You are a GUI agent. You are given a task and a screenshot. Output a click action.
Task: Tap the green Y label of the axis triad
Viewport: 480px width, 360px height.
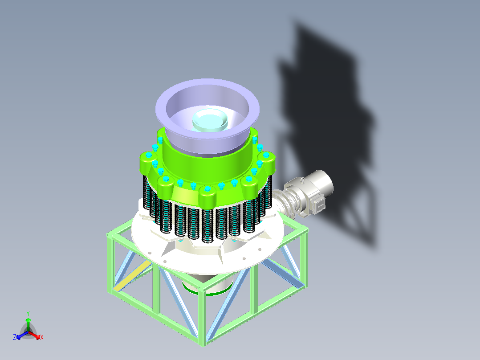point(28,313)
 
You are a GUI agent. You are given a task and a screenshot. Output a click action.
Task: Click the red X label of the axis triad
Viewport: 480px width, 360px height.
point(42,338)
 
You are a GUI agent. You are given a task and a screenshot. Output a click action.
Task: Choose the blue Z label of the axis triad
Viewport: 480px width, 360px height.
point(15,338)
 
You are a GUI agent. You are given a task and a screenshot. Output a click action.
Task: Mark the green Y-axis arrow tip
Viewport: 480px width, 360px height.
point(28,320)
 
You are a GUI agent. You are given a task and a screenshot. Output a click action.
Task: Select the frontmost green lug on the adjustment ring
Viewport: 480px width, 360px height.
point(207,196)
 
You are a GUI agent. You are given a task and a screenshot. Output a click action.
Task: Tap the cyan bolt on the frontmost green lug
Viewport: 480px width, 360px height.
point(207,189)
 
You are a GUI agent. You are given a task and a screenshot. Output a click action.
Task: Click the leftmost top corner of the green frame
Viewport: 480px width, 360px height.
point(110,236)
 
